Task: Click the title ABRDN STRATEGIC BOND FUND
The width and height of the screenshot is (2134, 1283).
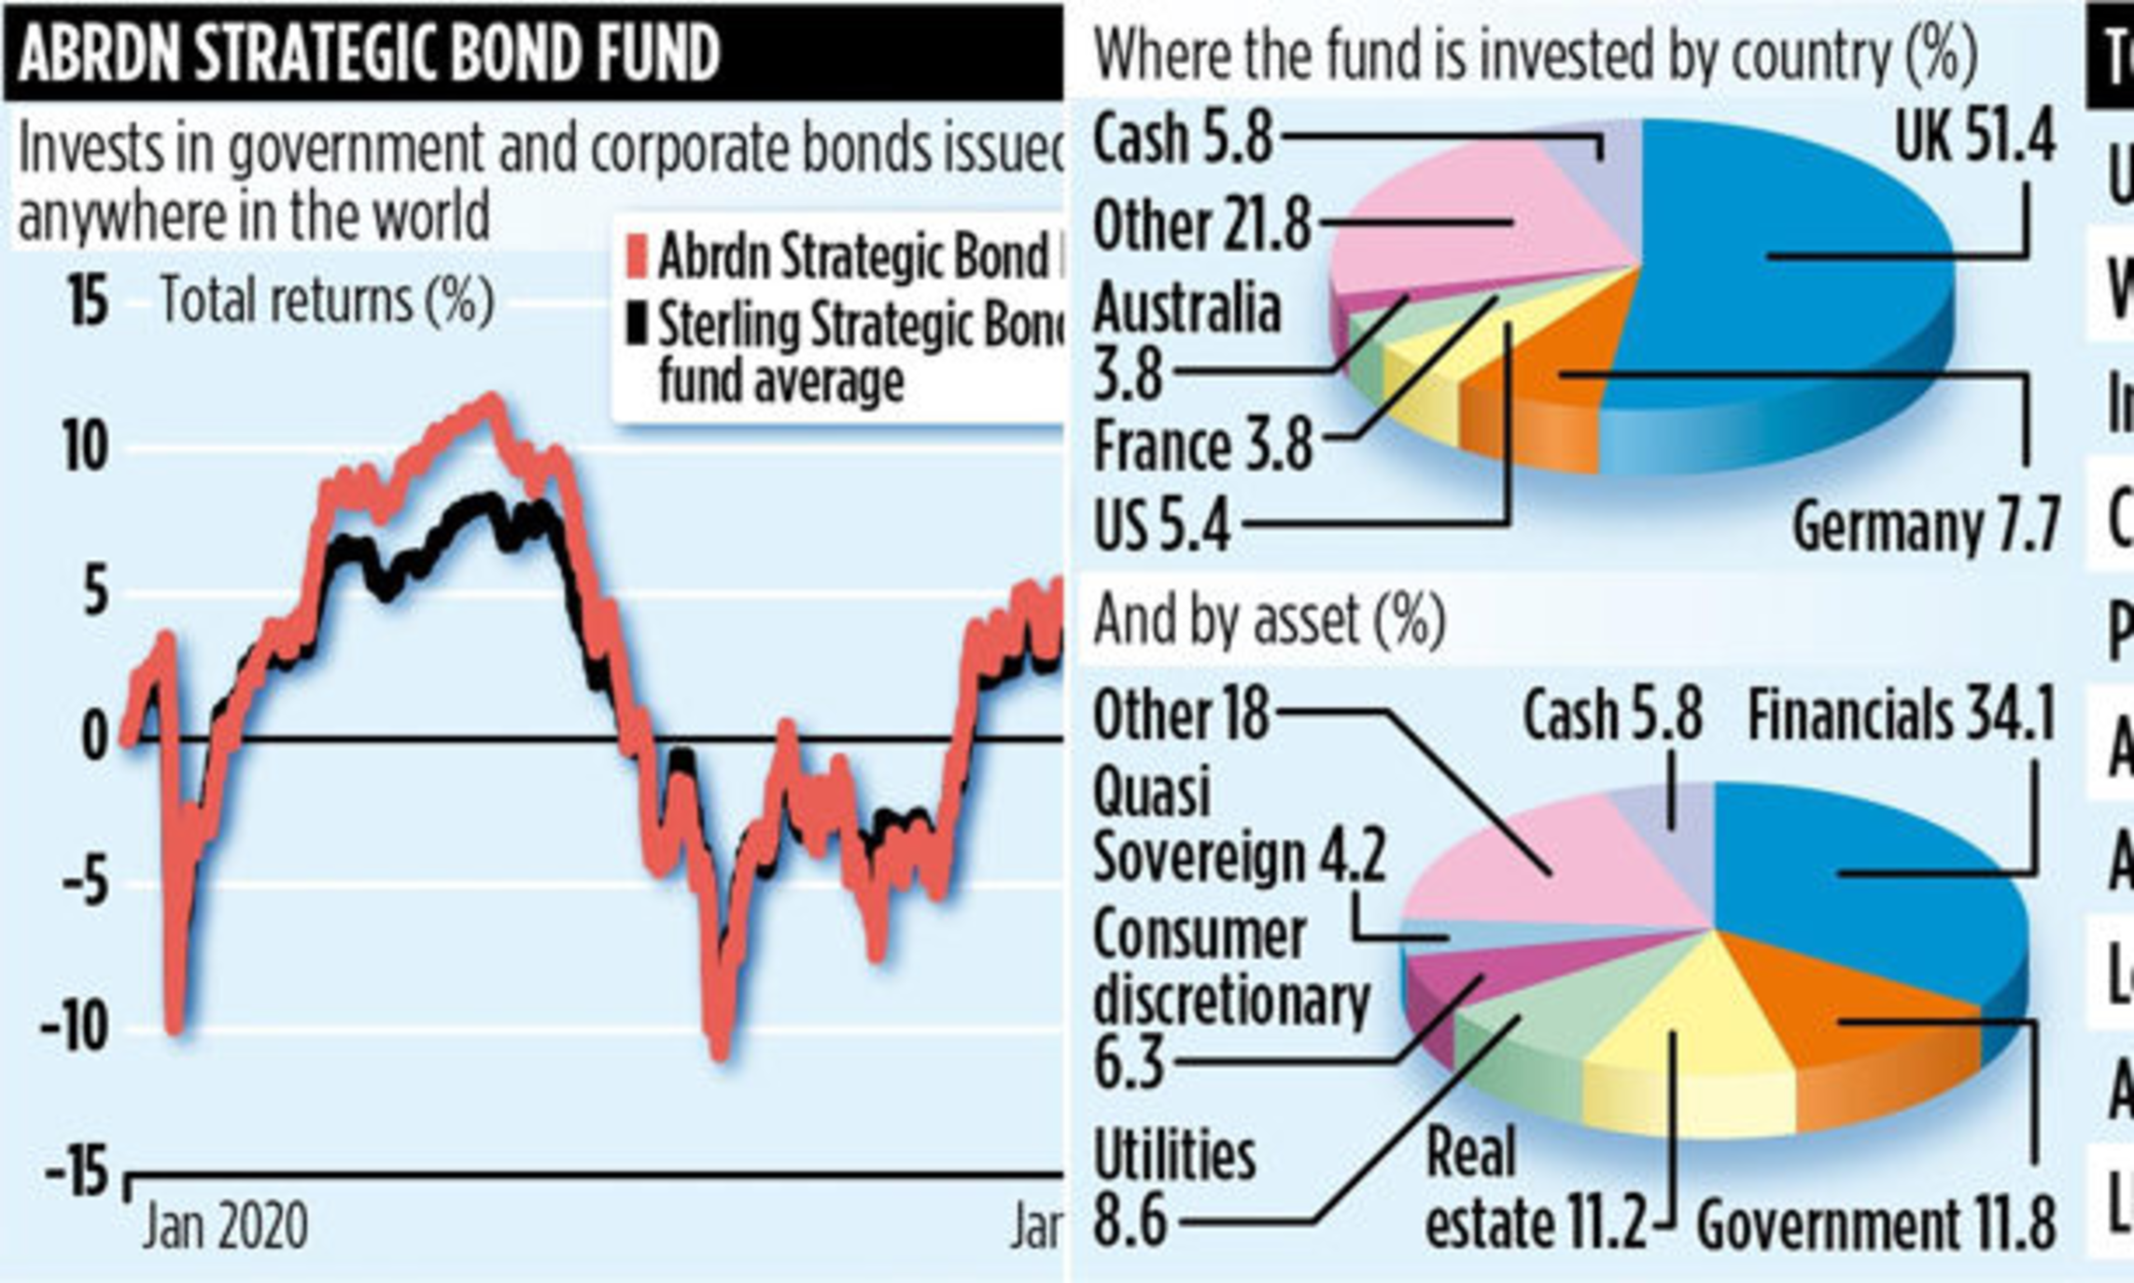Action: (x=370, y=52)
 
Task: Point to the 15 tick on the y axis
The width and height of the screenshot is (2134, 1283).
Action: (x=88, y=302)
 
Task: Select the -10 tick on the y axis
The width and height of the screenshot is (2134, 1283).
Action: (x=74, y=1028)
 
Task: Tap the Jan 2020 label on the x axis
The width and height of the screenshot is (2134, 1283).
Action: (x=225, y=1226)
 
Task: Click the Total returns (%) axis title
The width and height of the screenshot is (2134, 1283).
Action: (x=327, y=300)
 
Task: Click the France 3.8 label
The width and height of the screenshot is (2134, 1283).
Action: (x=1202, y=445)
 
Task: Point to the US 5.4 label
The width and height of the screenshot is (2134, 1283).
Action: (x=1162, y=526)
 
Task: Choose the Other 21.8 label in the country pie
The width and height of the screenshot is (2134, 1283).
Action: (x=1201, y=226)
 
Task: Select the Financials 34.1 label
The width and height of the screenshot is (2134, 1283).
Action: (x=1901, y=717)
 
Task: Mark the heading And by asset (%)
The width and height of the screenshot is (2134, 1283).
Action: (x=1269, y=621)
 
